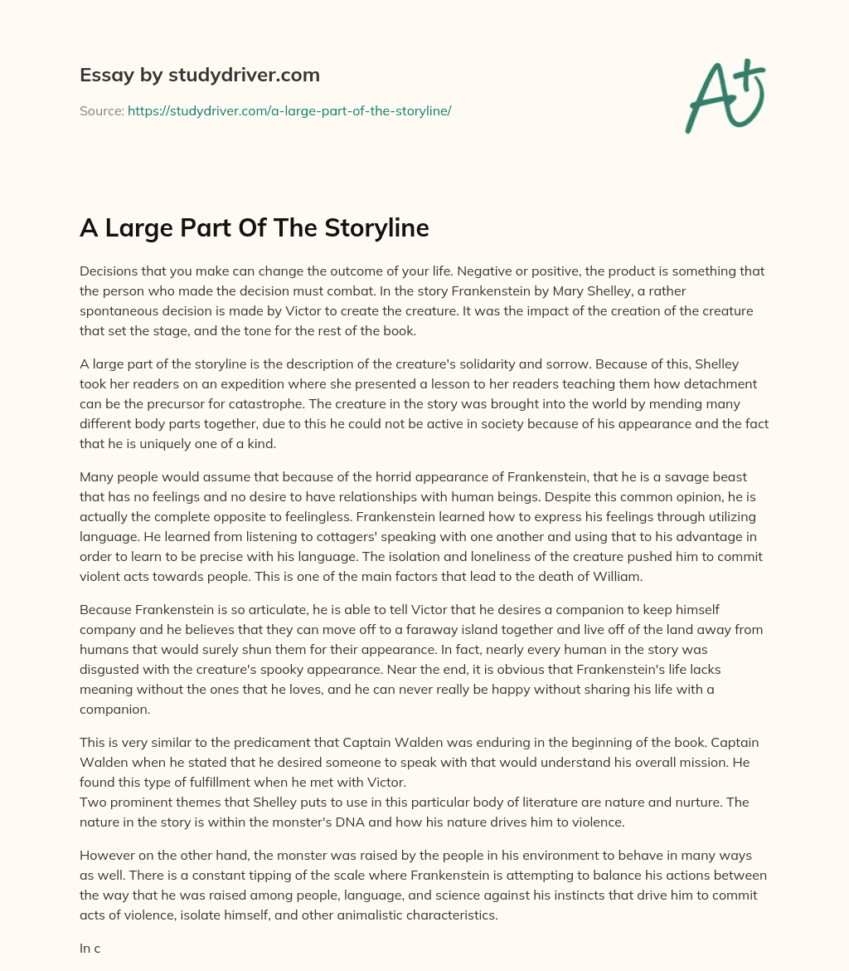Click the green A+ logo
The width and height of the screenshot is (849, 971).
coord(723,96)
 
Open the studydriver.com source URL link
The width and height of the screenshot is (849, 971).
coord(289,110)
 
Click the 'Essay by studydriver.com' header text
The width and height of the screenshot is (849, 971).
coord(200,76)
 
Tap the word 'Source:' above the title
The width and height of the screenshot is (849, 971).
coord(101,110)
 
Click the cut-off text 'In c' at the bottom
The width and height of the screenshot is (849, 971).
coord(90,947)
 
